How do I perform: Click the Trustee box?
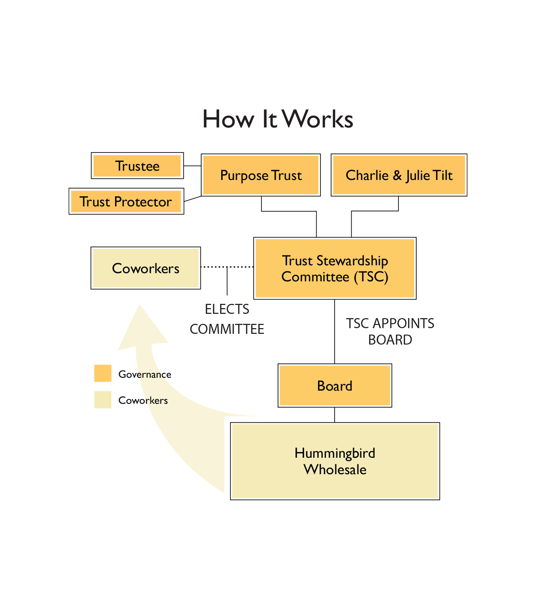[x=138, y=166]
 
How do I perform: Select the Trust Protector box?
[x=126, y=201]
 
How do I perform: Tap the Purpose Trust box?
[x=261, y=175]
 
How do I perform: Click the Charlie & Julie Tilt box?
[x=399, y=175]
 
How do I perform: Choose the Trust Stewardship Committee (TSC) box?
[x=335, y=269]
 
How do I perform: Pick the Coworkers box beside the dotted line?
[x=145, y=268]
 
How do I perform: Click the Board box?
[x=335, y=386]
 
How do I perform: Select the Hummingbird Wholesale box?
[x=335, y=461]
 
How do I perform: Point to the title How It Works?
[x=278, y=119]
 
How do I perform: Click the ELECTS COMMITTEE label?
[x=227, y=319]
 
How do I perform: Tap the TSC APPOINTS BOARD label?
[x=390, y=331]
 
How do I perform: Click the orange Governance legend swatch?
[x=103, y=373]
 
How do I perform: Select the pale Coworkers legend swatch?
[x=103, y=400]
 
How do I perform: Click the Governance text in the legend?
[x=145, y=374]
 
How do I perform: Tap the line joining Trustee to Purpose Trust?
[x=192, y=166]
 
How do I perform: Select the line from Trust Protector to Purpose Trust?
[x=193, y=199]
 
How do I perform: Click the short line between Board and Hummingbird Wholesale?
[x=334, y=415]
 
